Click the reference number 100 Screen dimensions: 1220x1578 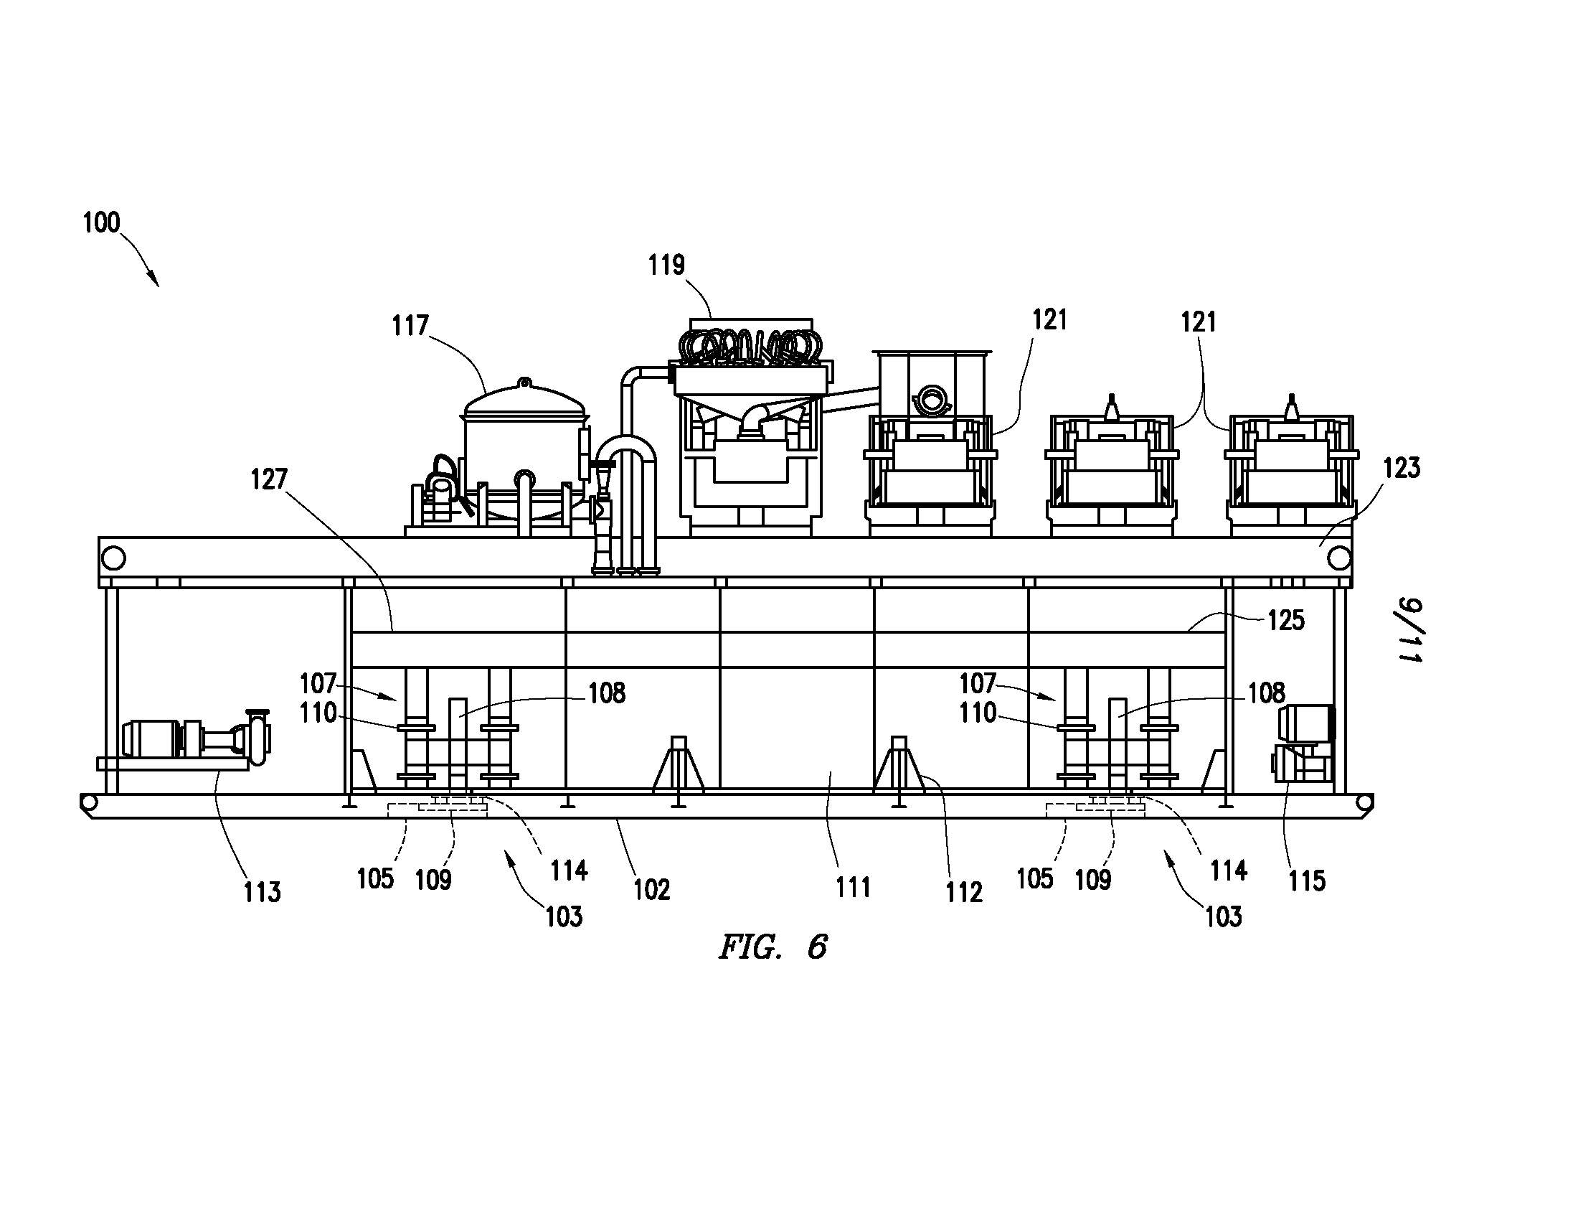pyautogui.click(x=101, y=222)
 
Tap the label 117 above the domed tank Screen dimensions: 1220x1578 pyautogui.click(x=410, y=326)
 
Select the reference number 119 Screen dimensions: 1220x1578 pyautogui.click(x=666, y=266)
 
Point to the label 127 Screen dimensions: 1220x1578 pyautogui.click(x=269, y=479)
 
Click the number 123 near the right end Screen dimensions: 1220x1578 pyautogui.click(x=1402, y=469)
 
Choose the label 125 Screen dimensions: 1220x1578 pyautogui.click(x=1286, y=620)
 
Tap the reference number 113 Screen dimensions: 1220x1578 pyautogui.click(x=262, y=892)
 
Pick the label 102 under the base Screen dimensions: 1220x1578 pyautogui.click(x=652, y=890)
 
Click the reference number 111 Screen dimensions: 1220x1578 pyautogui.click(x=854, y=887)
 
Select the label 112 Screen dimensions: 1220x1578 pyautogui.click(x=964, y=893)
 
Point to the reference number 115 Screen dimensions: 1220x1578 pyautogui.click(x=1307, y=881)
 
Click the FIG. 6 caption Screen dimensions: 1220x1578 pyautogui.click(x=773, y=947)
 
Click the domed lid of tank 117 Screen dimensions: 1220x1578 pyautogui.click(x=524, y=400)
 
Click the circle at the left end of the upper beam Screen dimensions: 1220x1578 pyautogui.click(x=114, y=558)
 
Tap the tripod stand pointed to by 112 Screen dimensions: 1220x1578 pyautogui.click(x=899, y=770)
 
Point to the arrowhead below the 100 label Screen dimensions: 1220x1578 pyautogui.click(x=155, y=282)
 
